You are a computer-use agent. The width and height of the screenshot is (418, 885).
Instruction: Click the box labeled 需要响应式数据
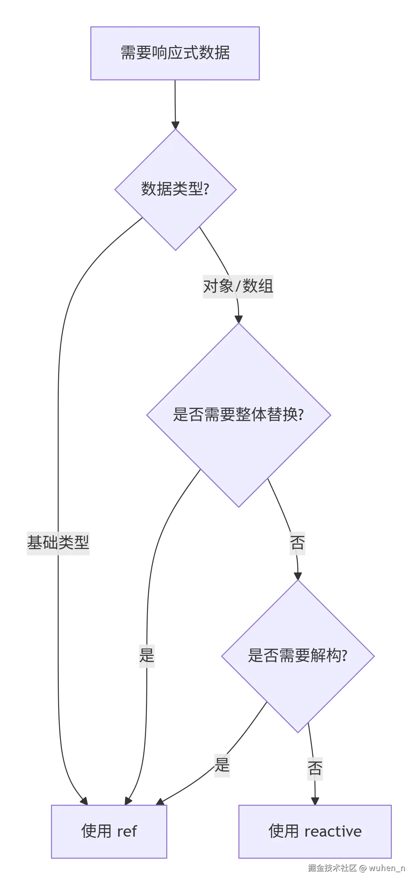click(x=175, y=53)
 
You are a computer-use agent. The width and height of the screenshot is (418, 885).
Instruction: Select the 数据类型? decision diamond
click(x=175, y=189)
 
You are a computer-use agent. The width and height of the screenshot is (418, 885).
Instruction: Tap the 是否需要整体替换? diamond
click(x=238, y=415)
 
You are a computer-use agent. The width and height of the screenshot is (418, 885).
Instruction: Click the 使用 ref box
click(x=109, y=831)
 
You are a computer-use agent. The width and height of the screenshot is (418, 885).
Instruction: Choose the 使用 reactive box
click(x=315, y=831)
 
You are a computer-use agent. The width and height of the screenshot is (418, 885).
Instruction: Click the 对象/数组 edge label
click(x=238, y=286)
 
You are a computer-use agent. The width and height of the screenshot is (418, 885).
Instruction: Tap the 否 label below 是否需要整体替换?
click(x=297, y=543)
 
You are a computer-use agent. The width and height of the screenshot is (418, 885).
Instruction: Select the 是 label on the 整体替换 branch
click(x=147, y=655)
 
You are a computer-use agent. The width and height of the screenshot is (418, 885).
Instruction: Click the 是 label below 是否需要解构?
click(x=222, y=765)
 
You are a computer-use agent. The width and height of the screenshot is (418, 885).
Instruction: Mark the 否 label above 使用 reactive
click(x=315, y=768)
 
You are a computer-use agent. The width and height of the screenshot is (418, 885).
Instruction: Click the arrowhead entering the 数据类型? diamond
click(x=175, y=125)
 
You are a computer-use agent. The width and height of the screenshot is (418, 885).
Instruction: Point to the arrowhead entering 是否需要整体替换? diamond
click(x=238, y=319)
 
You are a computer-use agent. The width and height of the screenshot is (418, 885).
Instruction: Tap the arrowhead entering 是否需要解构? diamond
click(x=297, y=576)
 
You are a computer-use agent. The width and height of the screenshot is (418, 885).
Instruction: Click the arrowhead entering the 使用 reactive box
click(x=315, y=801)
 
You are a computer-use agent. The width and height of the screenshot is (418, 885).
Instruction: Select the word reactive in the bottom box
click(x=333, y=831)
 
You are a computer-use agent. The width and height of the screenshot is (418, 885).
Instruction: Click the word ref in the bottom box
click(x=127, y=831)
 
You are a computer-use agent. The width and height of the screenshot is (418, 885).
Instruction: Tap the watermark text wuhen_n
click(x=387, y=868)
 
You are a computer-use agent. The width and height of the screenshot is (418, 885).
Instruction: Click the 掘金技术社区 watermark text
click(x=332, y=868)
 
